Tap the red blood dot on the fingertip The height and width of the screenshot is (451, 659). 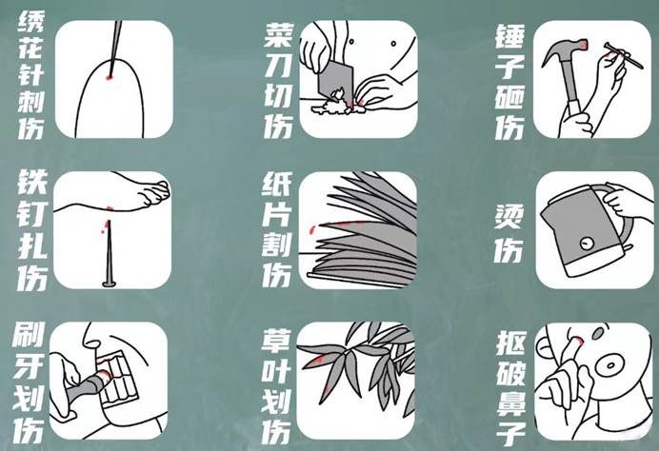110,77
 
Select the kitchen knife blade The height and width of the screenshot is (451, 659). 335,81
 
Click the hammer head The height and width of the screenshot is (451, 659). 563,50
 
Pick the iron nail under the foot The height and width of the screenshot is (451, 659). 110,254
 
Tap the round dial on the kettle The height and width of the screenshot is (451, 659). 586,243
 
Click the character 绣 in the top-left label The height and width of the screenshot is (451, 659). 30,22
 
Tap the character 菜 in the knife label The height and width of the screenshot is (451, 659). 278,35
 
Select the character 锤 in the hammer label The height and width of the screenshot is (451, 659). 509,36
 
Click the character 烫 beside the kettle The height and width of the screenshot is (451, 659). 509,217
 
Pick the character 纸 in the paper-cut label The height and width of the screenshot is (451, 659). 276,185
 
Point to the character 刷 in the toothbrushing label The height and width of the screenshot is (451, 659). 29,335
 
